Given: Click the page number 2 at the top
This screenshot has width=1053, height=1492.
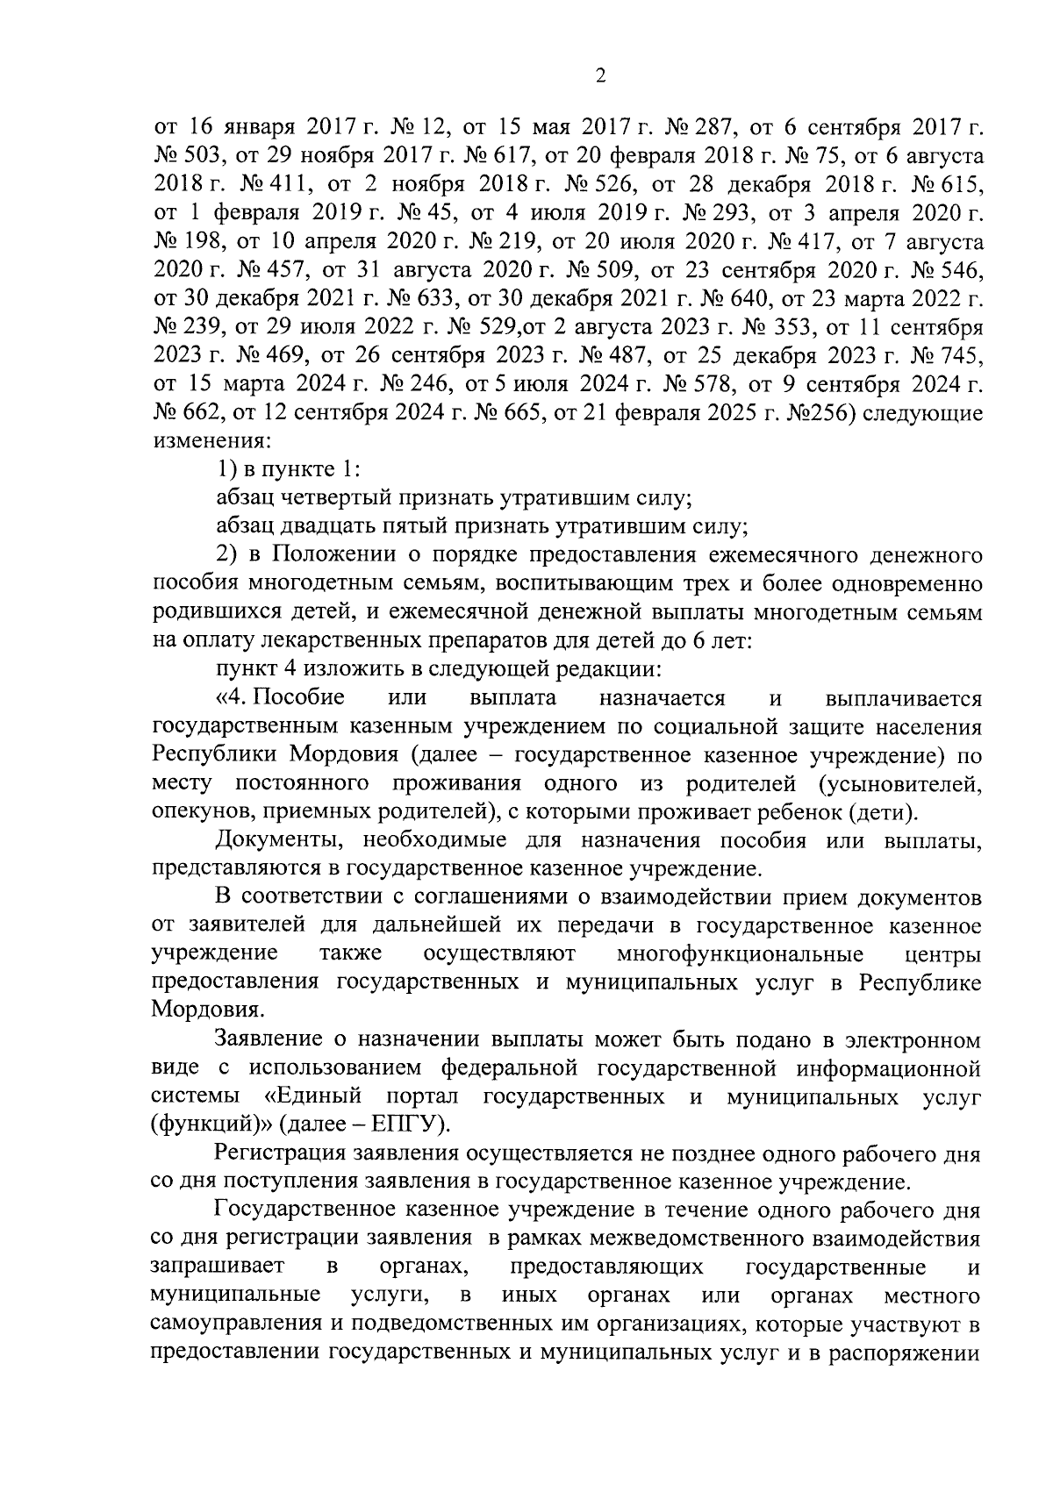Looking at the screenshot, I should [x=600, y=76].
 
